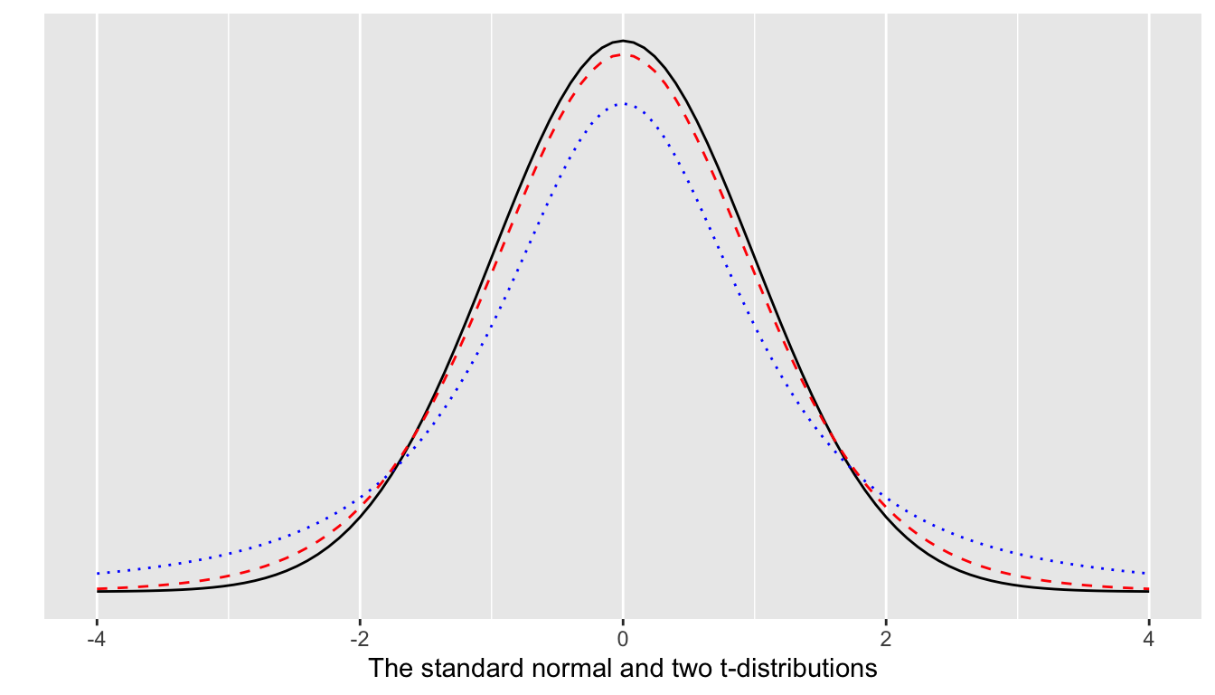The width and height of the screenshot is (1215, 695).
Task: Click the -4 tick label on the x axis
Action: (x=96, y=639)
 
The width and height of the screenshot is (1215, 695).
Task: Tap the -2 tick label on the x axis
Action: (x=359, y=639)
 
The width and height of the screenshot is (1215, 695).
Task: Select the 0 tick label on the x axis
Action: (x=622, y=639)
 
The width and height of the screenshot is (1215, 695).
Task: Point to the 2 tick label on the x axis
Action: (x=886, y=639)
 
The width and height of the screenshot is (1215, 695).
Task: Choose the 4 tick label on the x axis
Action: (x=1148, y=639)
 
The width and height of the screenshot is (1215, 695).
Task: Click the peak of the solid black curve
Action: (x=622, y=41)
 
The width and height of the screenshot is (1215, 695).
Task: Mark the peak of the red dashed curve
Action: (x=622, y=55)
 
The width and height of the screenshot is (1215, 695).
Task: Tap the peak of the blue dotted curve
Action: (x=622, y=103)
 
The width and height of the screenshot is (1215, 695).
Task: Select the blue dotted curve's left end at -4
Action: (x=97, y=573)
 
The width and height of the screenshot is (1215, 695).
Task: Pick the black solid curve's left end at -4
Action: (x=97, y=591)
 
